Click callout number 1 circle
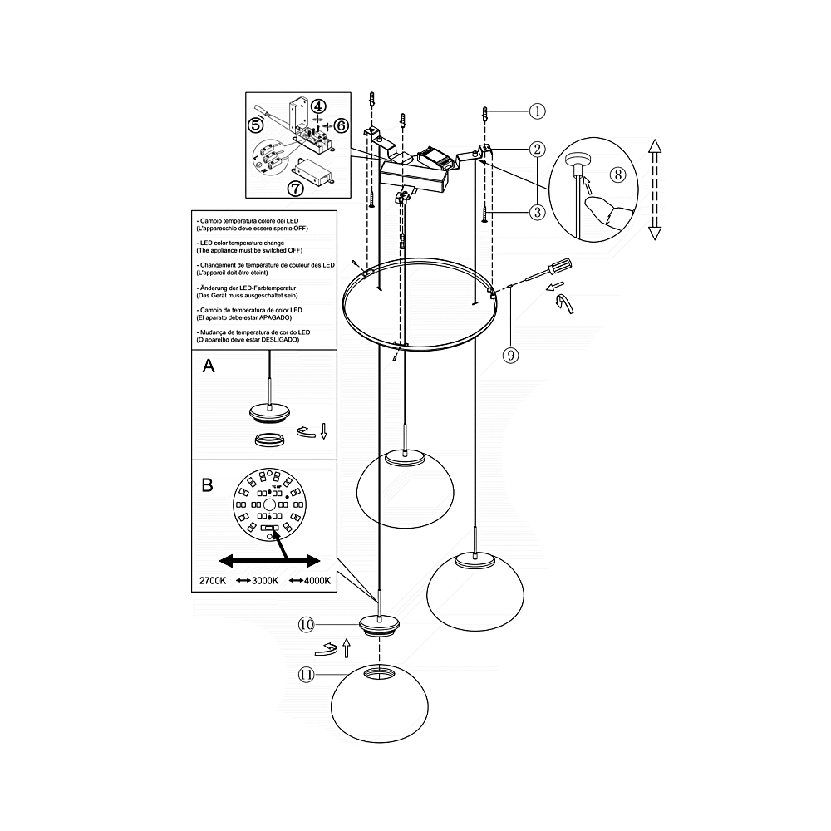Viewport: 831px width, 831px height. tap(537, 111)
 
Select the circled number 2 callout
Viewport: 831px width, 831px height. tap(537, 149)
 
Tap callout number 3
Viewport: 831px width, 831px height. tap(537, 212)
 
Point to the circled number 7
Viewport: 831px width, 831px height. tap(295, 188)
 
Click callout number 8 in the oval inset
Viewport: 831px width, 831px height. tap(618, 175)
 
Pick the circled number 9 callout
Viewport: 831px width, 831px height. tap(510, 355)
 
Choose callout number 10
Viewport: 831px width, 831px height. tap(307, 624)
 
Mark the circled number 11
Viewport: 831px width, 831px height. tap(307, 675)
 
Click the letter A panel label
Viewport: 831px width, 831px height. tap(209, 366)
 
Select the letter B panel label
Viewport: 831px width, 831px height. tap(207, 485)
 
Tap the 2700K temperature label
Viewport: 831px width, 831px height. tap(213, 580)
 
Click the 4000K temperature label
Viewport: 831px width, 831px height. tap(317, 580)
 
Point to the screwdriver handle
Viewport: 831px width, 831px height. tap(561, 264)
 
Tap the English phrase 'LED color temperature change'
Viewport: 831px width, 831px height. tap(242, 243)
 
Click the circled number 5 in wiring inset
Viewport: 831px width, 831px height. tap(255, 125)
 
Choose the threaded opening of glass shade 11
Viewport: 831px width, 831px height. tap(380, 672)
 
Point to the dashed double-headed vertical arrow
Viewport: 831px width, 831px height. tap(655, 189)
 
